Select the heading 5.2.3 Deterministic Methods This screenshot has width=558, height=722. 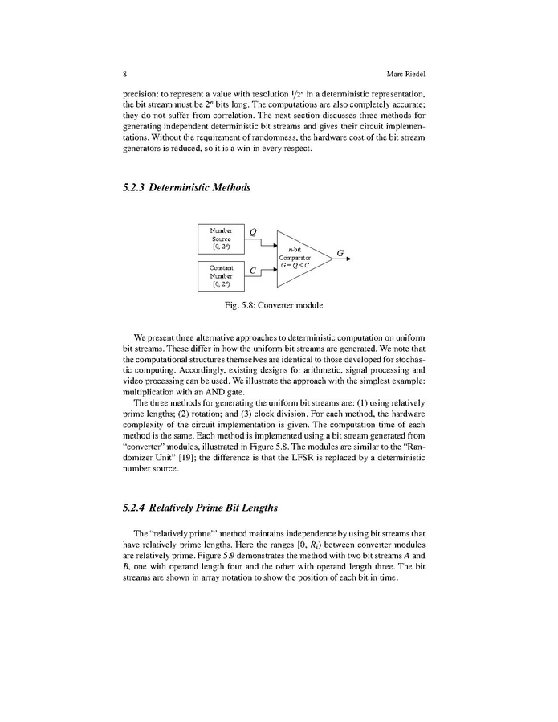click(187, 188)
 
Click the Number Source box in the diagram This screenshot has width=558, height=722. click(221, 239)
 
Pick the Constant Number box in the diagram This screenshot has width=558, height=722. click(221, 275)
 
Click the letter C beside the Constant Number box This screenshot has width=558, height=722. click(253, 271)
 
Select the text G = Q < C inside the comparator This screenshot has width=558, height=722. click(295, 264)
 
